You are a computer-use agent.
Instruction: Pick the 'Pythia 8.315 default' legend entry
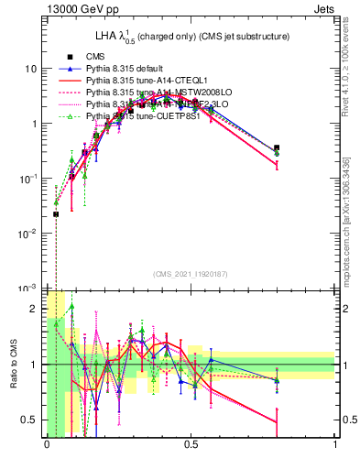pos(129,69)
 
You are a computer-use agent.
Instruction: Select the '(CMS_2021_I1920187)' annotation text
pos(190,274)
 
